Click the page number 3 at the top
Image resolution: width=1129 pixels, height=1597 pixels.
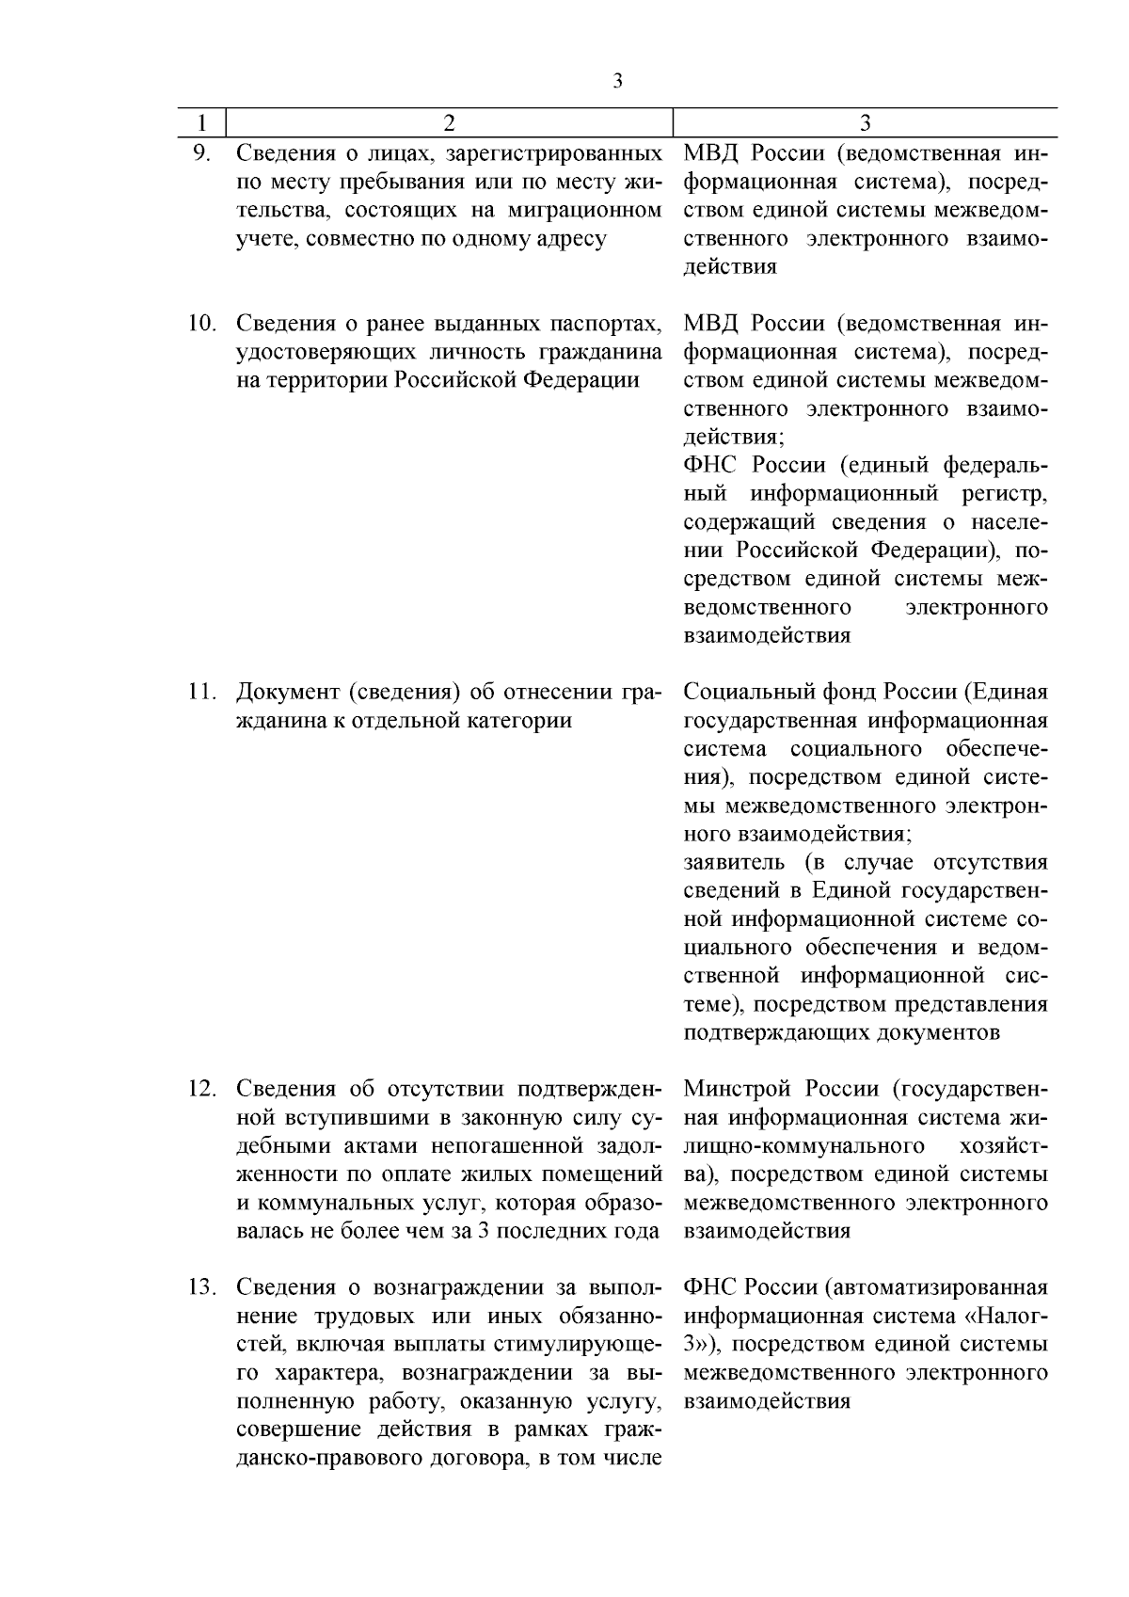617,81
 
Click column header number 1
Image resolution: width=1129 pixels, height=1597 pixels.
201,123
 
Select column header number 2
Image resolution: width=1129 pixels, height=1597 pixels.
449,123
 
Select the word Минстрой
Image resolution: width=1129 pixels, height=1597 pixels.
737,1089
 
